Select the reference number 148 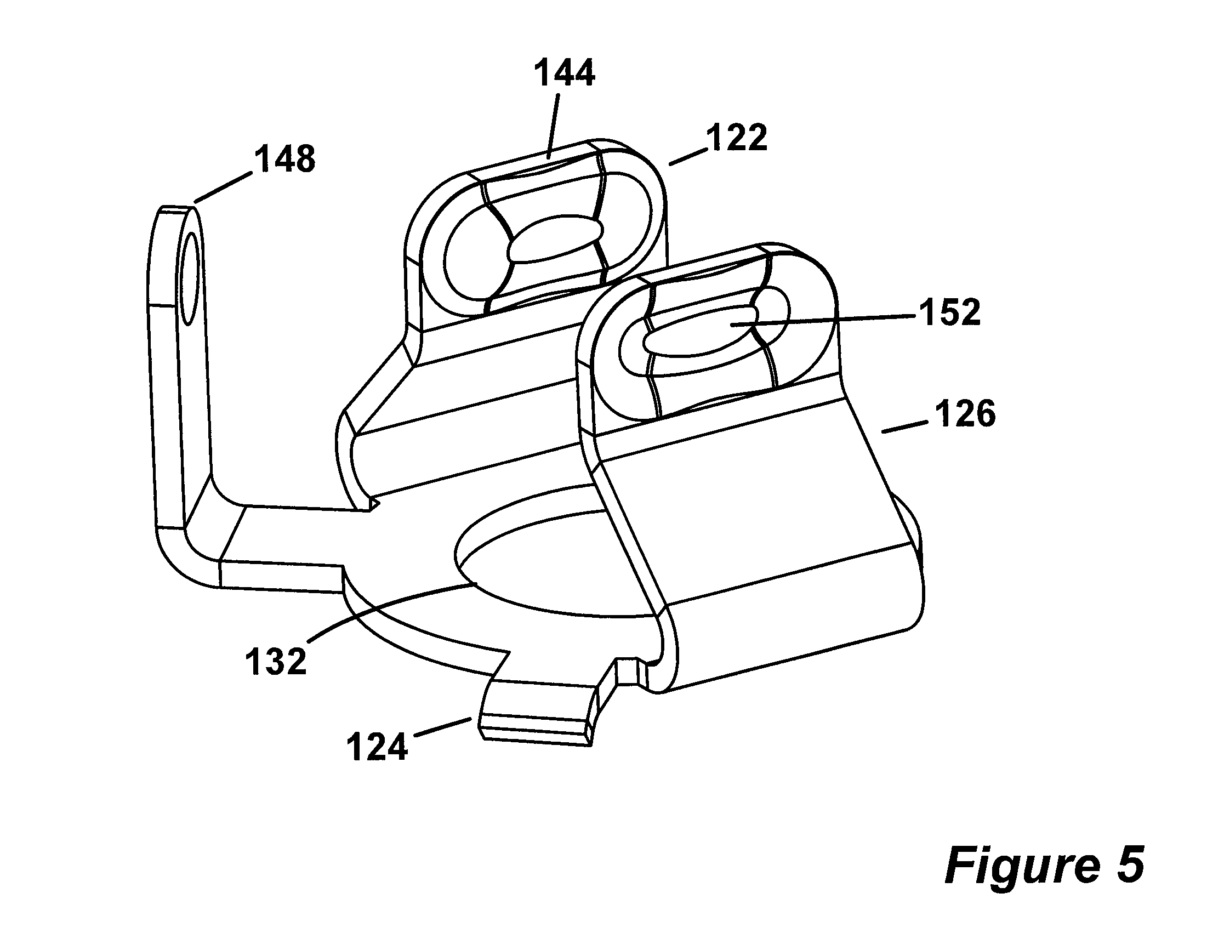tap(284, 158)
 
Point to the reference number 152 tap(949, 312)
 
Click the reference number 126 tap(965, 414)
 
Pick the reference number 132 tap(276, 661)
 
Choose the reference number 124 tap(377, 748)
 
